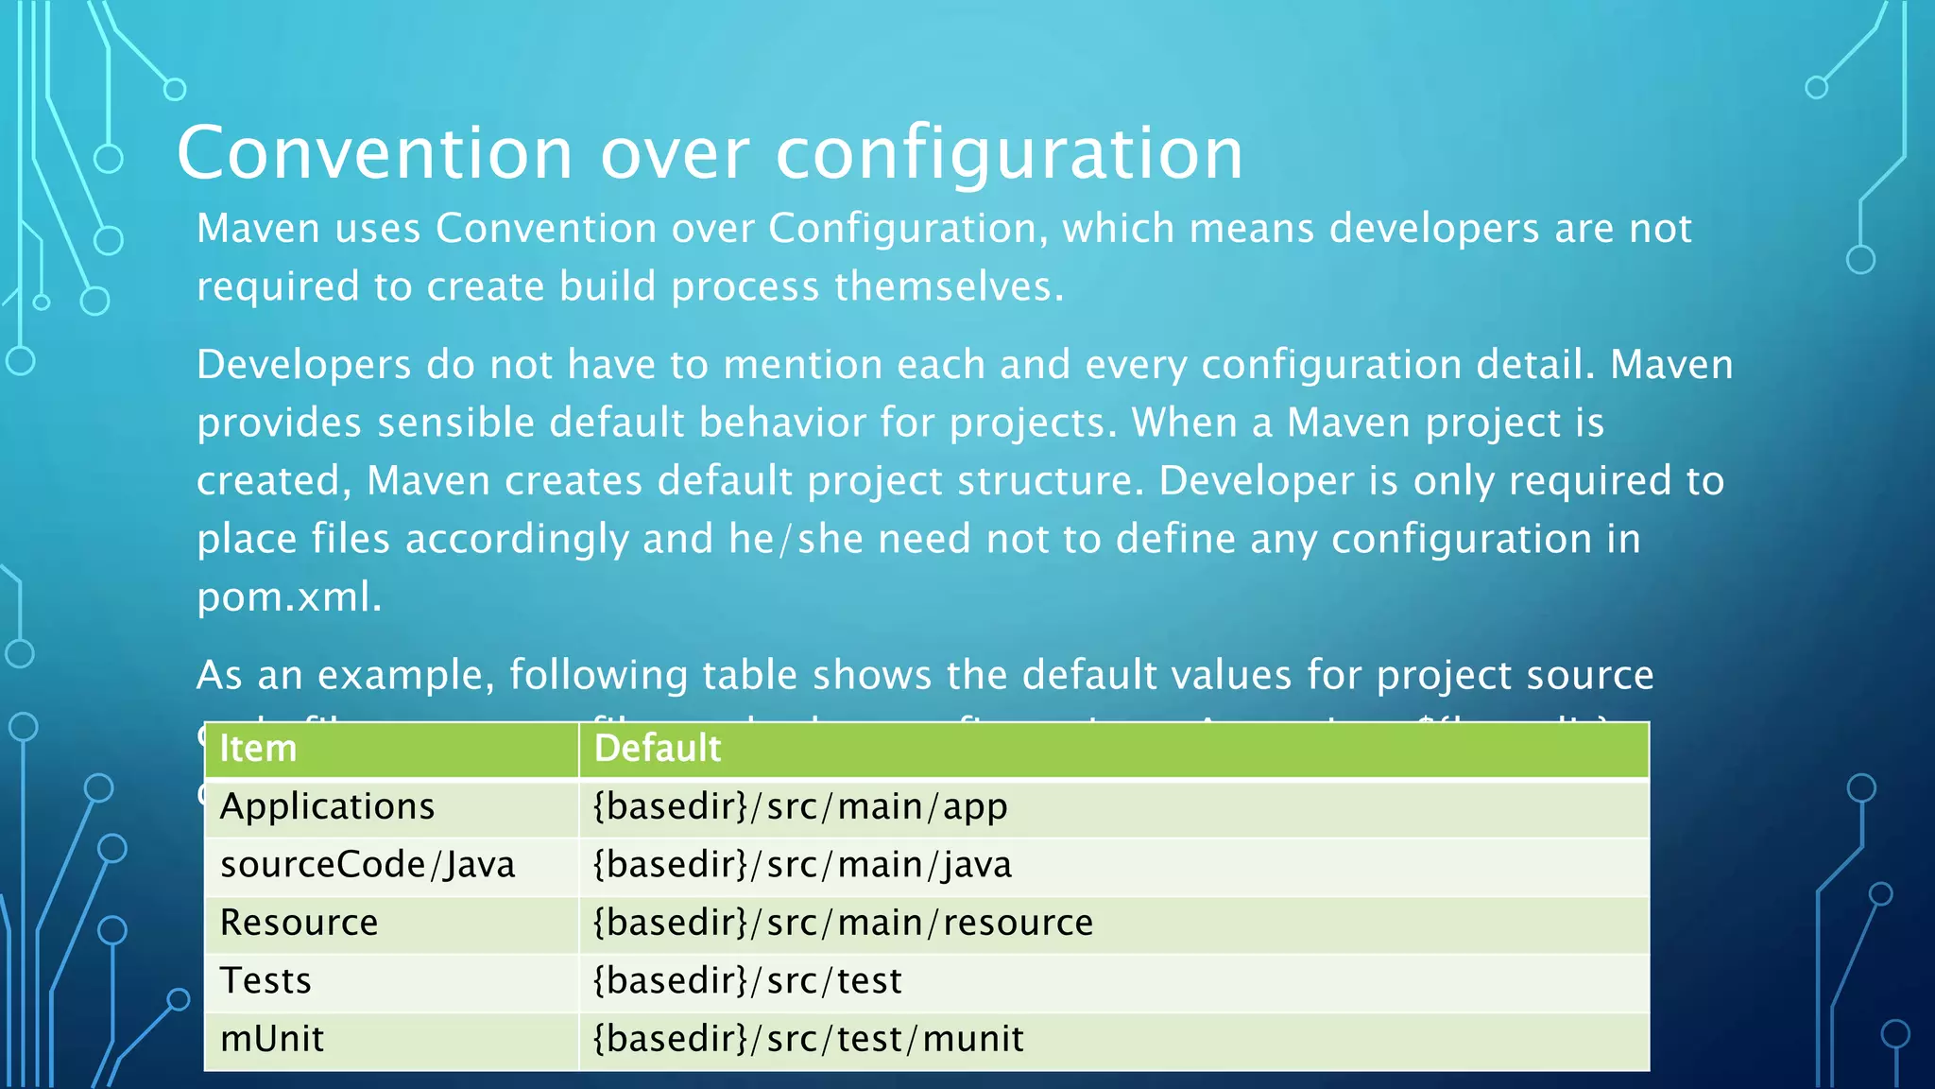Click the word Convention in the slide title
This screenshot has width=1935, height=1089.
tap(375, 153)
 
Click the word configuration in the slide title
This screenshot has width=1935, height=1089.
tap(1009, 153)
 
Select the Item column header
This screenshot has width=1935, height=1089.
tap(258, 749)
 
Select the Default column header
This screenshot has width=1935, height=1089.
tap(658, 749)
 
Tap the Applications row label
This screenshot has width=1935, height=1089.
tap(327, 807)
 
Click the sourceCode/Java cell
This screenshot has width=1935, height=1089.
tap(368, 865)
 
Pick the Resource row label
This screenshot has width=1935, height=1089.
tap(299, 923)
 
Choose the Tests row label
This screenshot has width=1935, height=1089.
tap(265, 981)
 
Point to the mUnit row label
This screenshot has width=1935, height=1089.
tap(272, 1039)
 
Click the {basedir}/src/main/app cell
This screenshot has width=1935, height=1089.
tap(800, 807)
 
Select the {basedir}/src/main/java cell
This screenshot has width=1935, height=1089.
tap(802, 865)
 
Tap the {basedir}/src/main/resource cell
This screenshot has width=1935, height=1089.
tap(843, 923)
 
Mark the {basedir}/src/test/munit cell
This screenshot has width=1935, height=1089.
tap(808, 1039)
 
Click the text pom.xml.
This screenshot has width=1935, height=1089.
tap(288, 597)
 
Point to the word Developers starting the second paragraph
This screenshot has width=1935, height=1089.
tap(303, 365)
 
